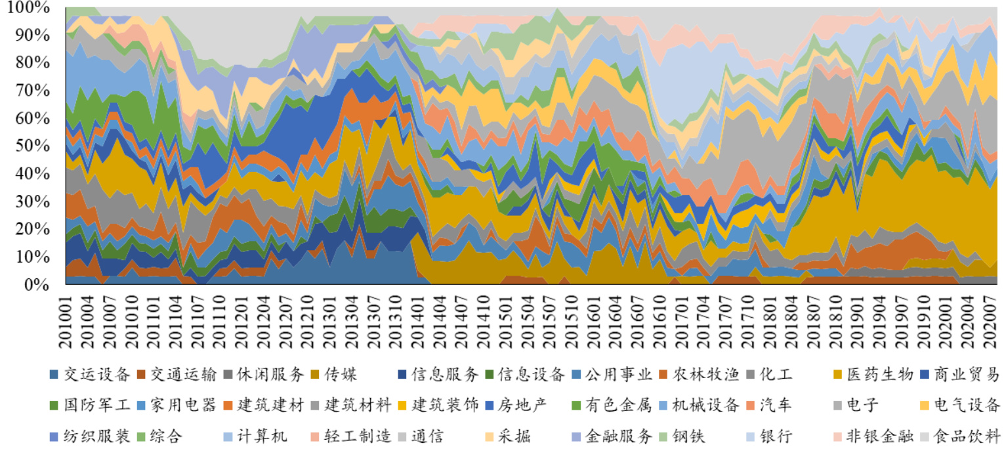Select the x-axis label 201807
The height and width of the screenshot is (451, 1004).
tap(810, 321)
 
